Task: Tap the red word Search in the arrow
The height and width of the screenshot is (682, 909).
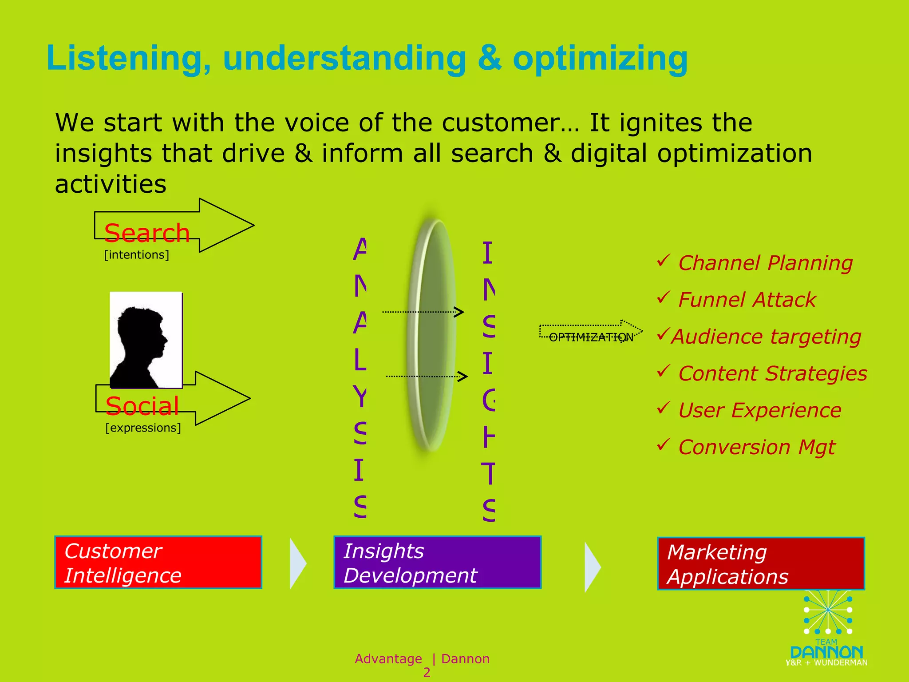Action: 147,233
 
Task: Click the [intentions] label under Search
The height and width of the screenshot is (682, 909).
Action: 136,255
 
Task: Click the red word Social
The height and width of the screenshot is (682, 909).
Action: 142,406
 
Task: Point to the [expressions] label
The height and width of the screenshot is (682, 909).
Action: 143,428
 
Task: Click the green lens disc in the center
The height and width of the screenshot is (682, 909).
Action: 431,335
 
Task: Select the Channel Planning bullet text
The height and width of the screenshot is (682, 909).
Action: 765,263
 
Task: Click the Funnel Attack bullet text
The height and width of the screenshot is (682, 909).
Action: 747,300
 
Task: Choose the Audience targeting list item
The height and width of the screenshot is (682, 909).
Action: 766,337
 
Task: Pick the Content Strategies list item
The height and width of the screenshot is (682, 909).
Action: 772,373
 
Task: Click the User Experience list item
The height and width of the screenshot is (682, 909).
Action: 759,410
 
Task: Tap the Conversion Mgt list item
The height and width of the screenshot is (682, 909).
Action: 757,447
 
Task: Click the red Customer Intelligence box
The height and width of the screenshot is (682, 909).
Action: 158,563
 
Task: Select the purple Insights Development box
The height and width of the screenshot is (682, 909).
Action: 437,563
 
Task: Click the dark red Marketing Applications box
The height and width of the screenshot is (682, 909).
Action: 761,564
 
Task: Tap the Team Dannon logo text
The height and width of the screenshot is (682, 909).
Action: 826,652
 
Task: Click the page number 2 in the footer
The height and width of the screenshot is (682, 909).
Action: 427,672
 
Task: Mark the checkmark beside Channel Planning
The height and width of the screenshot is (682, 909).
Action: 663,261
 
